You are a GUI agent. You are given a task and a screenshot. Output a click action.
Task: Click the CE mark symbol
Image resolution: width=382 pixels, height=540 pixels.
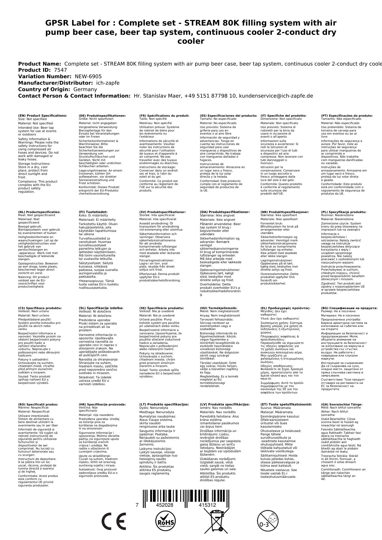[x=114, y=521]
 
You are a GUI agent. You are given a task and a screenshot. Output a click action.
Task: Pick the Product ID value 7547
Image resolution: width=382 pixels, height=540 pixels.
[x=60, y=70]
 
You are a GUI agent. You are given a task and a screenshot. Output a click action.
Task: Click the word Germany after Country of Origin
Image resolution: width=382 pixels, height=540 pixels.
[x=85, y=90]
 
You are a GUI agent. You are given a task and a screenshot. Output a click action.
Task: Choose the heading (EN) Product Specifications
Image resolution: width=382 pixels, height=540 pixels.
[x=42, y=116]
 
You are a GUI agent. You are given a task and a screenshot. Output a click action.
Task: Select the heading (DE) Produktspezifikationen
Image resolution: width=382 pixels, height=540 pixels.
[x=102, y=116]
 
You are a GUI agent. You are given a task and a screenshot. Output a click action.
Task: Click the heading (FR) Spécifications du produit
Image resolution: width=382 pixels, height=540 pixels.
[x=164, y=116]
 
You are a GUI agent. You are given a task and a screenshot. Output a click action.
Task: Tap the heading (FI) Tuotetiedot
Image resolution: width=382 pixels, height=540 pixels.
[x=93, y=212]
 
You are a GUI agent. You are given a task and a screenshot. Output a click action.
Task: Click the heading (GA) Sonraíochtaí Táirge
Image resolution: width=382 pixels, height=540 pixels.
[x=337, y=405]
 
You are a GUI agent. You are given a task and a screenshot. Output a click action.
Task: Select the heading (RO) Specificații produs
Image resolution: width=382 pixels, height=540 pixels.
[x=38, y=405]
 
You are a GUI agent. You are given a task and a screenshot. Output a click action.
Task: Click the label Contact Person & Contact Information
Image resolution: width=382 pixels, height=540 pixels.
[x=74, y=96]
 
